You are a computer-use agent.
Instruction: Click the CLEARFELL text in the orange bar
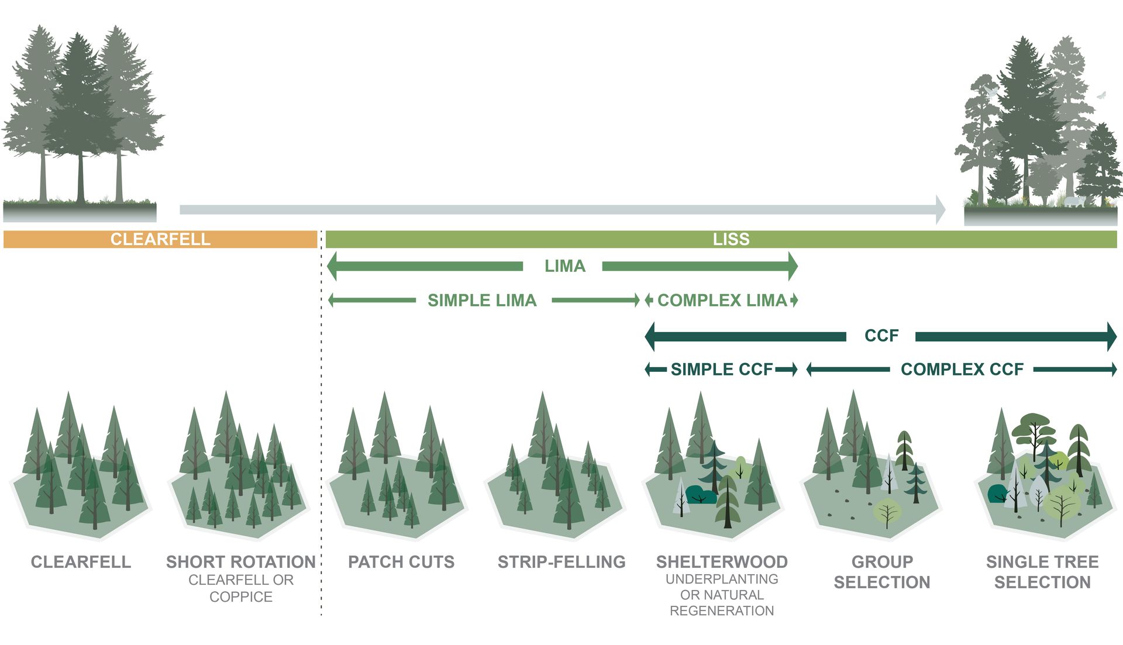(x=160, y=239)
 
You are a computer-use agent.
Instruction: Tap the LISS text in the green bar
(x=731, y=239)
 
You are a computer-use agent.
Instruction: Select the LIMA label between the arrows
(x=564, y=266)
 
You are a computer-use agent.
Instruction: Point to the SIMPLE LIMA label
(x=482, y=301)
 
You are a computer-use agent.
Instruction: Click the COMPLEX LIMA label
(x=722, y=301)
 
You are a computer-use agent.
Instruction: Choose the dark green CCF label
(x=881, y=336)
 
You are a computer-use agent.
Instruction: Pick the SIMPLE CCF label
(x=722, y=370)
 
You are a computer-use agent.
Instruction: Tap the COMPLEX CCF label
(x=962, y=370)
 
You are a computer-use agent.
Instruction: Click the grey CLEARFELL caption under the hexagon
(x=81, y=562)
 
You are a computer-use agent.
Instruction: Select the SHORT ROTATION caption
(x=241, y=562)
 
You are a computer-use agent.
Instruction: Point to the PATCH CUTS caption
(x=401, y=562)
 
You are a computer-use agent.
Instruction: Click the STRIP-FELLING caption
(x=561, y=562)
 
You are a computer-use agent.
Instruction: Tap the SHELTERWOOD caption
(x=722, y=562)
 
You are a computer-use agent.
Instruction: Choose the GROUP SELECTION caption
(x=882, y=572)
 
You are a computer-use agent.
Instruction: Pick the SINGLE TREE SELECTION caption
(x=1042, y=572)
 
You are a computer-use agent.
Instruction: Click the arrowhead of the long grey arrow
(x=940, y=210)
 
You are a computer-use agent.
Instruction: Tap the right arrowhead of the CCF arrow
(x=1112, y=336)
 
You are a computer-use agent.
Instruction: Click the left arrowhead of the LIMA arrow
(x=332, y=267)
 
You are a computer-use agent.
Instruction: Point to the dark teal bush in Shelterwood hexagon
(x=700, y=495)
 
